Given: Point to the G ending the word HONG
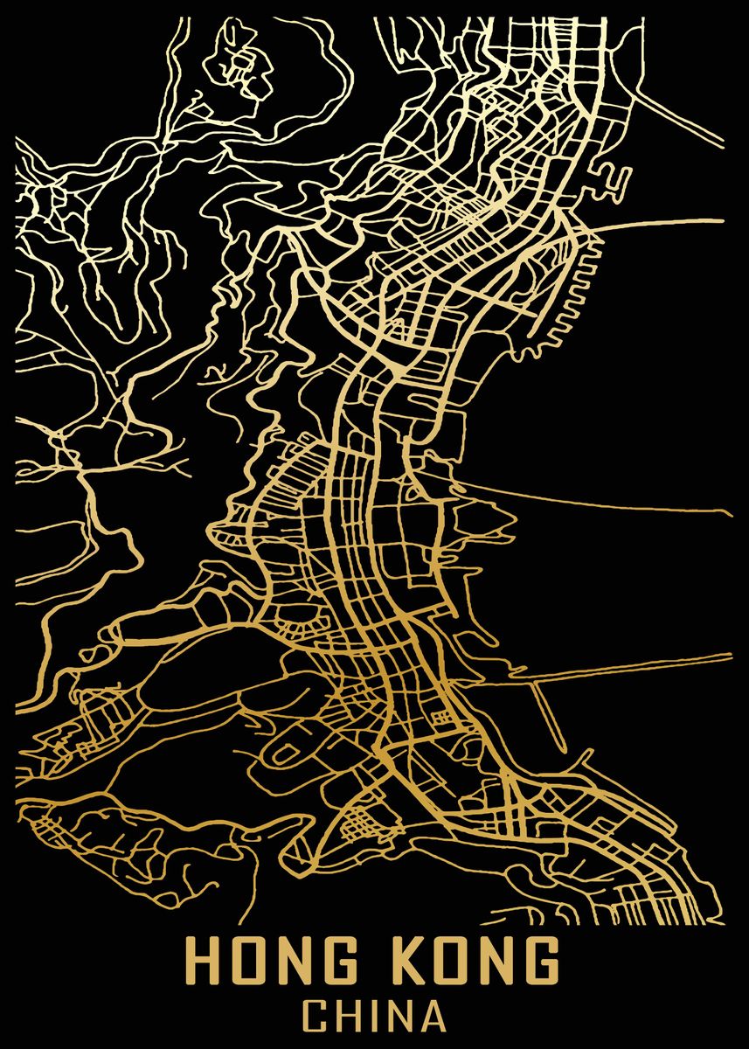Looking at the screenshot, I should (355, 962).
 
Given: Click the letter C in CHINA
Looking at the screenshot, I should (316, 1018).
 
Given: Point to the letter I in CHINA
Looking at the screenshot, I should (373, 1018).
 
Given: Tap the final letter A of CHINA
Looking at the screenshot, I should (433, 1018).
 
